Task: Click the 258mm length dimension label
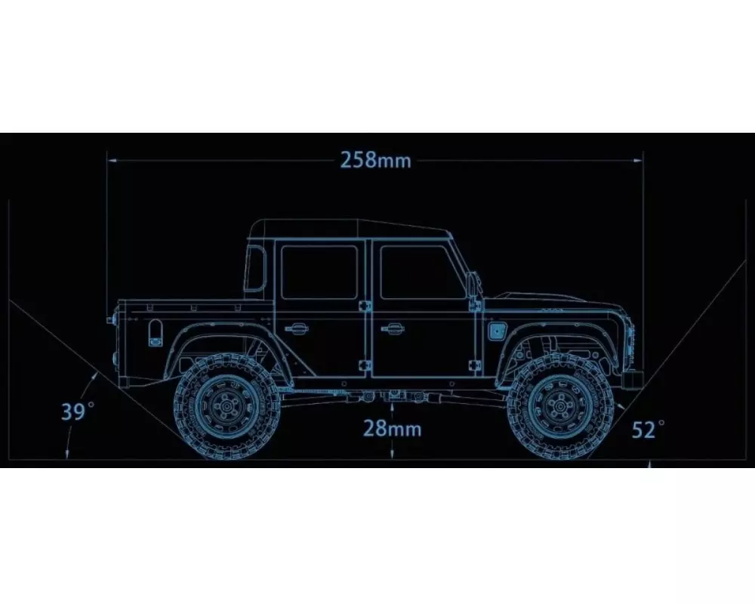click(x=375, y=160)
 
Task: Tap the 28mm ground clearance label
click(x=392, y=428)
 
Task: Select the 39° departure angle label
click(x=78, y=411)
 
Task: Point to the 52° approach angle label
click(x=648, y=429)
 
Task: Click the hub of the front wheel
click(x=559, y=406)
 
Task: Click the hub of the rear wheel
click(x=226, y=406)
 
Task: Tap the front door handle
click(x=393, y=329)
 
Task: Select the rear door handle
click(x=297, y=329)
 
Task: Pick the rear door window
click(x=319, y=273)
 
